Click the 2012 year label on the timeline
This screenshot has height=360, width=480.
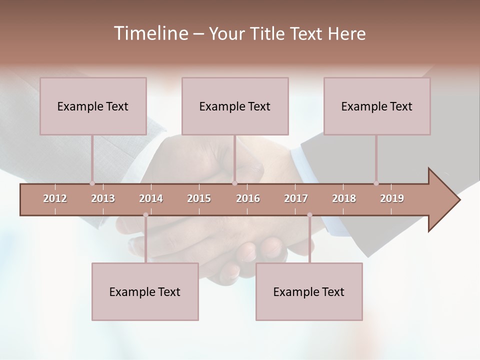(55, 198)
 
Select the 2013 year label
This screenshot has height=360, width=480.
(103, 198)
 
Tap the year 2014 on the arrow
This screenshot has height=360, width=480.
(151, 198)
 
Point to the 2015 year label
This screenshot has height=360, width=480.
(199, 198)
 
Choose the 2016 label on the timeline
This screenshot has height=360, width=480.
(248, 198)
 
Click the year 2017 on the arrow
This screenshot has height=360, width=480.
(296, 198)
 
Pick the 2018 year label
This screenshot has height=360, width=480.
(344, 198)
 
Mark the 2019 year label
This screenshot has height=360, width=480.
(392, 198)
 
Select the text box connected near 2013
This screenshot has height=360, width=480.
(93, 106)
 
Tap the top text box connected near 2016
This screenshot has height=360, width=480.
(235, 106)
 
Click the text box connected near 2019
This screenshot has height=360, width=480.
(377, 106)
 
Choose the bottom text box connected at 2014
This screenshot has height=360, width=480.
(145, 291)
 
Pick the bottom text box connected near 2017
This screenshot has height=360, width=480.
(309, 291)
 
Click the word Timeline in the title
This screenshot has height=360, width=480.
(149, 33)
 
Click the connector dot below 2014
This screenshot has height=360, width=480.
(145, 215)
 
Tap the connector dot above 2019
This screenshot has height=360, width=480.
(376, 183)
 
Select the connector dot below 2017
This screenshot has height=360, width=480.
(309, 215)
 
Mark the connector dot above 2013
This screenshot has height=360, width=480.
(92, 183)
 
